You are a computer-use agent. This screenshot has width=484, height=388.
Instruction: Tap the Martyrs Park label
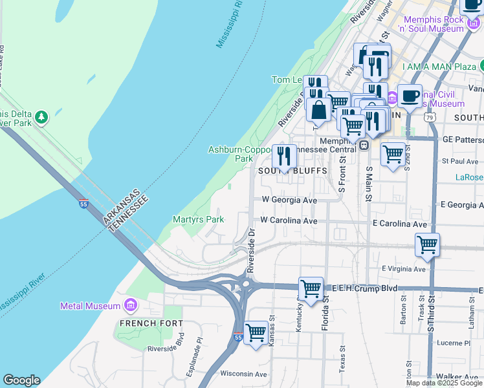point(198,219)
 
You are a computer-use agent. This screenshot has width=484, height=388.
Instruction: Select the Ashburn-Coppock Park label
point(239,154)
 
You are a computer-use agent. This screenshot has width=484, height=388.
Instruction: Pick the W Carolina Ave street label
point(289,221)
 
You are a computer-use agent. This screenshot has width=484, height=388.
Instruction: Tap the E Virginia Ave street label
point(404,268)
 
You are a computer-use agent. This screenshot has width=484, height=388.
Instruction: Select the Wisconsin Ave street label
point(244,374)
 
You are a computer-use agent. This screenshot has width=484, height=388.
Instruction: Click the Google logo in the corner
point(21,380)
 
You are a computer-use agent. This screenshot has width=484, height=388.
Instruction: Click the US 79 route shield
point(430,118)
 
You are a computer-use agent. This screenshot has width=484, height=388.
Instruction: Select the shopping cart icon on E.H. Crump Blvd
point(311,288)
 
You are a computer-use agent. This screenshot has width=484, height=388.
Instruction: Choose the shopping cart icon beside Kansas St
point(256,332)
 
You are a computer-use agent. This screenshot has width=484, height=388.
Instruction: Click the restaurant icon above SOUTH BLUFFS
point(284,156)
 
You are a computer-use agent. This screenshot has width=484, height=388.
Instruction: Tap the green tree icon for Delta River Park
point(42,117)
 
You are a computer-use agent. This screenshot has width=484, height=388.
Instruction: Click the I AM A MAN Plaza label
point(439,67)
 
